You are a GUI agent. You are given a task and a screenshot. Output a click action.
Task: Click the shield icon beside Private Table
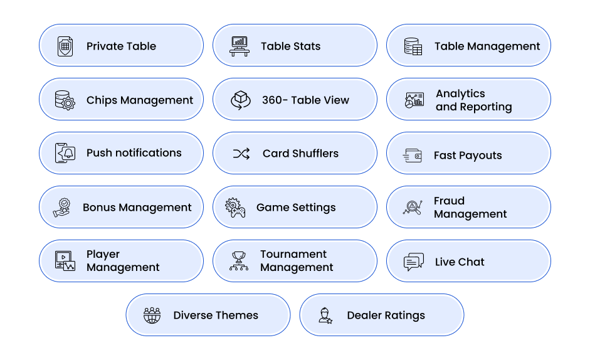tap(65, 46)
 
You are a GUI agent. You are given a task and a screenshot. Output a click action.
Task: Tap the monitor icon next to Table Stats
tap(240, 46)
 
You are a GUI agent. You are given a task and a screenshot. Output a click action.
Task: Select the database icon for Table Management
tap(413, 46)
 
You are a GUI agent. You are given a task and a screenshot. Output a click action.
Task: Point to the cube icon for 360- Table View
tap(240, 100)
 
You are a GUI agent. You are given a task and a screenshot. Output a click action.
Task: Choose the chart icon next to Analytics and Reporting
tap(414, 100)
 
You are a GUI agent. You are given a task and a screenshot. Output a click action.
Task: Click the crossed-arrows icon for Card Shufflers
tap(241, 154)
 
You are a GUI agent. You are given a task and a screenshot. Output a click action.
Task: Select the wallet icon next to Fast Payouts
tap(413, 156)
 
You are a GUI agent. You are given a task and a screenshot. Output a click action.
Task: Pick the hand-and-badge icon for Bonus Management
tap(62, 208)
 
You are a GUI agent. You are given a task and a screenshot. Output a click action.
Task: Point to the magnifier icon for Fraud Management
tap(413, 208)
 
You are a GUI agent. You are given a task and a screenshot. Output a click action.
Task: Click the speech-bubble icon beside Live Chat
tap(414, 262)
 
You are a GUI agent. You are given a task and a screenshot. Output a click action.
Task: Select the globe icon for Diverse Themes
tap(152, 315)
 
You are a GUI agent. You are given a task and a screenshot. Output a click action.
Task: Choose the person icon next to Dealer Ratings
tap(325, 315)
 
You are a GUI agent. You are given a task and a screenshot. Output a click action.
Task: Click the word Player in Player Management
tap(103, 255)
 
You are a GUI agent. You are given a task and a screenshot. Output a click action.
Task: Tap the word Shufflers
tap(315, 153)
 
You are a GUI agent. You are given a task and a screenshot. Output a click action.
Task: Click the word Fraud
tap(450, 201)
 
